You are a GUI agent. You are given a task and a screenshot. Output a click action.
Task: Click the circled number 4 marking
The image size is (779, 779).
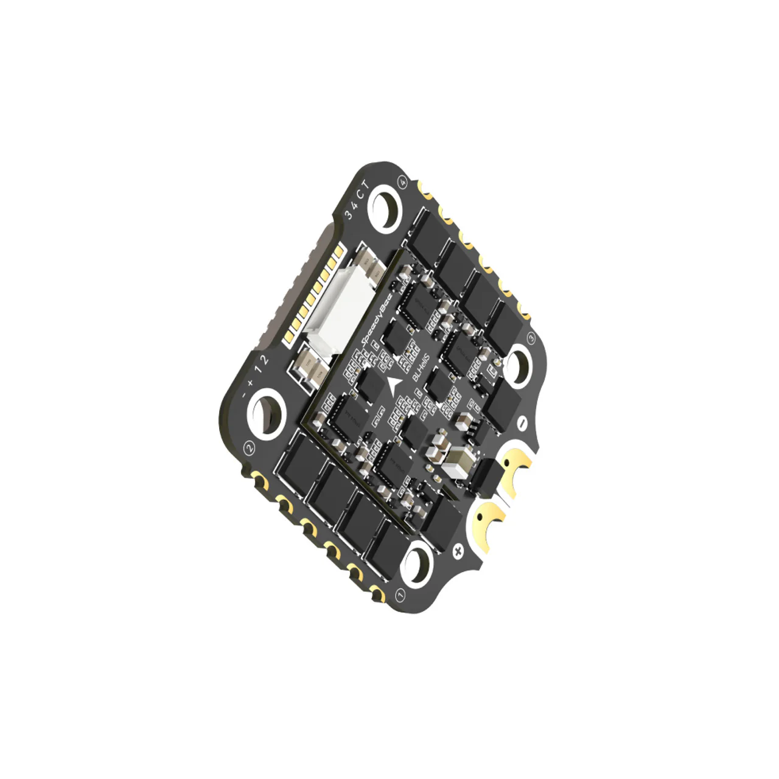pos(402,181)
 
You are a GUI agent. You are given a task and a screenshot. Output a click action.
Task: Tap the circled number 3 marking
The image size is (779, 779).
pos(529,338)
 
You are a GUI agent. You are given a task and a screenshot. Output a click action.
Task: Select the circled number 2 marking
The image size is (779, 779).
pos(249,448)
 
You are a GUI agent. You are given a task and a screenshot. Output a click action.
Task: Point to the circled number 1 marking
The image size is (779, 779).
pos(400,594)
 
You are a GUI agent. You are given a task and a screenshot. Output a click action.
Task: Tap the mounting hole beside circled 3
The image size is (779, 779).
pos(518,365)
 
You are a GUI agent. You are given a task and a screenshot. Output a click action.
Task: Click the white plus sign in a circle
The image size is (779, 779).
pos(458,551)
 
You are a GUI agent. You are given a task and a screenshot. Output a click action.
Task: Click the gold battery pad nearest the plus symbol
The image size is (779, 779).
pos(487,523)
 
